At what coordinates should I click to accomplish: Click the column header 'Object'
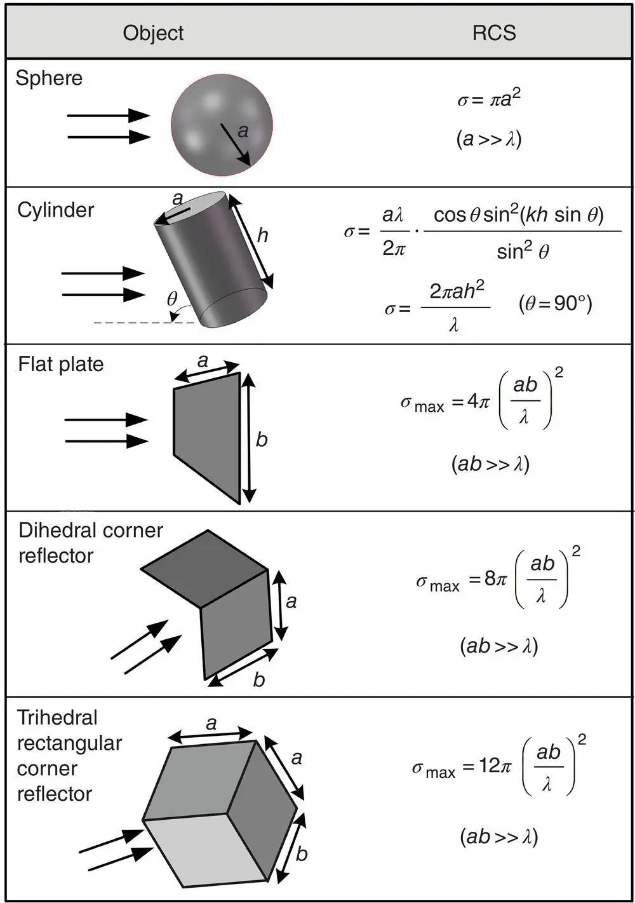point(153,33)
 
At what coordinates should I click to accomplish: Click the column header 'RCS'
point(494,33)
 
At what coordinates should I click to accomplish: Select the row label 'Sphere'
point(49,78)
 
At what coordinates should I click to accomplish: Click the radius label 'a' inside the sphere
point(242,131)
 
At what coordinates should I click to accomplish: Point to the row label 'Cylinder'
point(55,210)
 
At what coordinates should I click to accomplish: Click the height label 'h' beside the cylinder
point(262,236)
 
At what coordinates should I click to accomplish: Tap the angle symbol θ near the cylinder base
point(172,299)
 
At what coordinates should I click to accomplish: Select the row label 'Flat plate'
point(60,364)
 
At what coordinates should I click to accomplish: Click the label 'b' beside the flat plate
point(262,440)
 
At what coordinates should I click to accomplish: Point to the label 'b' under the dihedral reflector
point(258,680)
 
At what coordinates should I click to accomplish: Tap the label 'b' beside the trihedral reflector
point(302,853)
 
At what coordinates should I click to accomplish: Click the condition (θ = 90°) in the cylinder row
point(555,304)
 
